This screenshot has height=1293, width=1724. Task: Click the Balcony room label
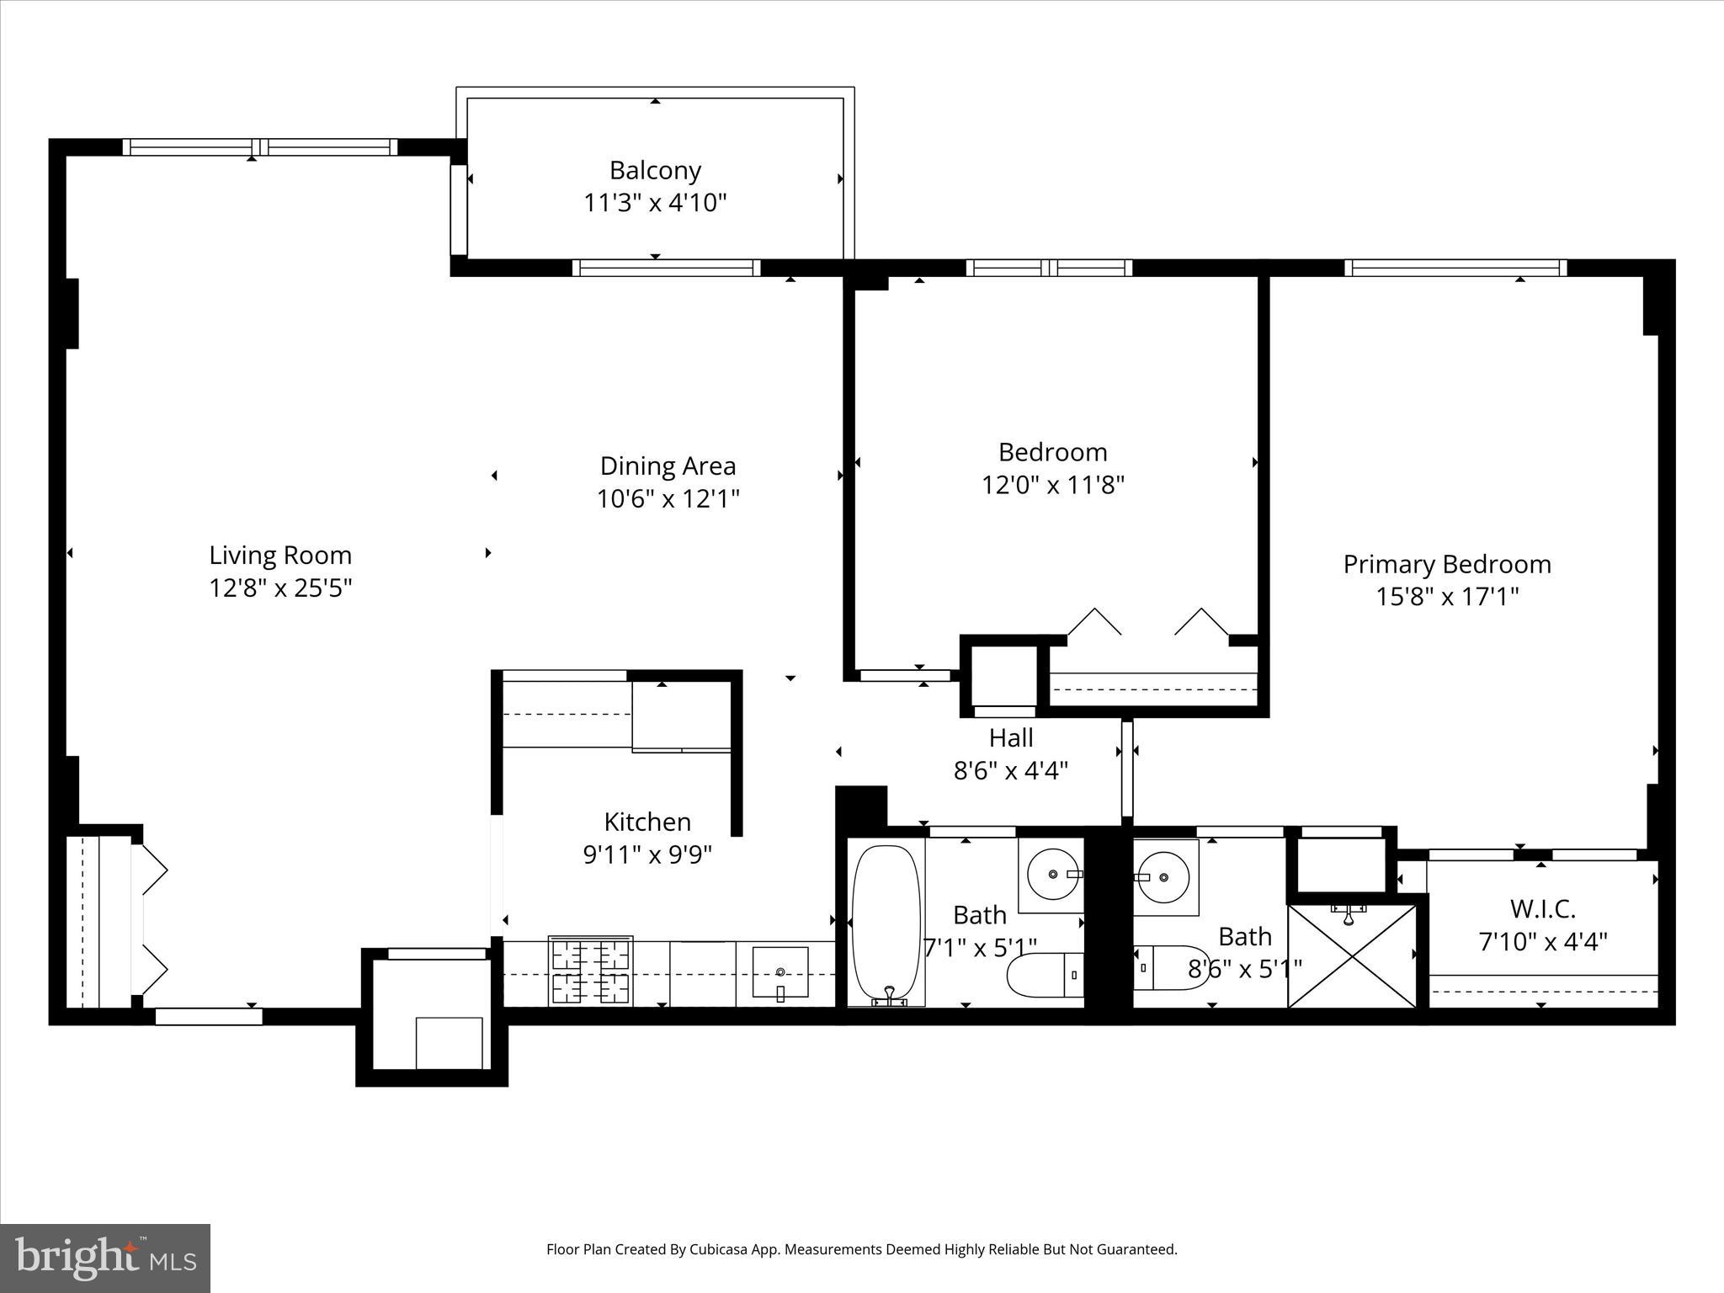tap(655, 171)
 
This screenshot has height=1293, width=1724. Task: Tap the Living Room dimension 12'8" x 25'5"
tap(280, 588)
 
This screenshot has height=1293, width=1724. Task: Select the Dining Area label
tap(668, 466)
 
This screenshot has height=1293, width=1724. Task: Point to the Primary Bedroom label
tap(1446, 564)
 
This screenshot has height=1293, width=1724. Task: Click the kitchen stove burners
tap(590, 971)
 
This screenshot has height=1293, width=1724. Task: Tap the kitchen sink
tap(780, 973)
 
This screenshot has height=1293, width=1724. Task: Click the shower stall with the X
tap(1352, 955)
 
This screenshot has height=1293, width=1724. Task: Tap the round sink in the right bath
tap(1165, 877)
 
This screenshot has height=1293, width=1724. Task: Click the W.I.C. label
tap(1542, 908)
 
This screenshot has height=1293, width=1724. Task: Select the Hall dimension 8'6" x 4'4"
tap(1010, 770)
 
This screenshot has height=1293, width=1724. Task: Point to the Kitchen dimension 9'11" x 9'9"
tap(647, 854)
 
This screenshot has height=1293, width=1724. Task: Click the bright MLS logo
tap(105, 1258)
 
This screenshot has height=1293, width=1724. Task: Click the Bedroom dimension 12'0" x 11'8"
tap(1052, 485)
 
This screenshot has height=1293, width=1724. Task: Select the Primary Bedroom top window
tap(1455, 268)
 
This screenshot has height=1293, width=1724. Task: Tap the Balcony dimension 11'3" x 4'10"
tap(655, 203)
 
